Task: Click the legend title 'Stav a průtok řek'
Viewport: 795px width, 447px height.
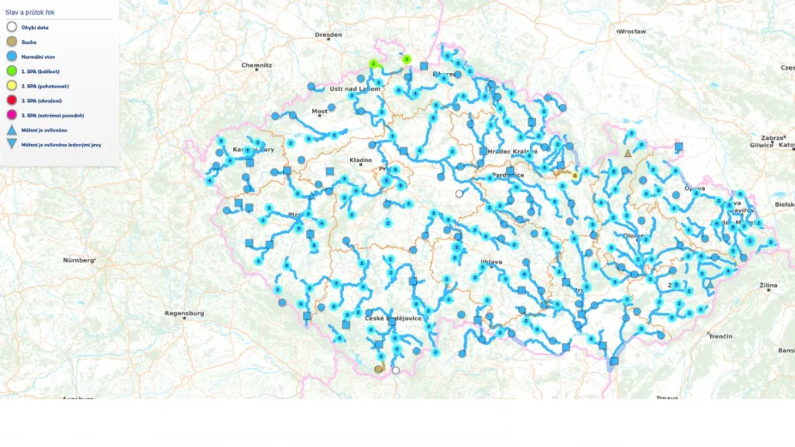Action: (x=30, y=12)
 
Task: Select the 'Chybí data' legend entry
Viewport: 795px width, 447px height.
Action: (x=35, y=28)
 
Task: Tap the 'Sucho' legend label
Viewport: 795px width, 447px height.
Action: (x=29, y=42)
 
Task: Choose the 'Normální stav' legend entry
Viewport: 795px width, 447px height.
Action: (x=38, y=57)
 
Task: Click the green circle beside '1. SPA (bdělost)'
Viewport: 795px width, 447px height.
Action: (x=12, y=71)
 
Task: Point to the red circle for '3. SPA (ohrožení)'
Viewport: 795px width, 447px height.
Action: (x=12, y=100)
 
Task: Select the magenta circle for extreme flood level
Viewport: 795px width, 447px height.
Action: (x=12, y=115)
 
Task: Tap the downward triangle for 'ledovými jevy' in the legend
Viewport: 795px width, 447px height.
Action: (x=12, y=144)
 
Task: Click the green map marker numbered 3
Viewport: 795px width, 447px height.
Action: (x=373, y=64)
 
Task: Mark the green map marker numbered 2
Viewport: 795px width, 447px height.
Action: (x=406, y=59)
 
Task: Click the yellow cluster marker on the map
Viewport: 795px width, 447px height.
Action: (x=575, y=176)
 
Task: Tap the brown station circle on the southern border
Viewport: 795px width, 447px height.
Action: (x=378, y=369)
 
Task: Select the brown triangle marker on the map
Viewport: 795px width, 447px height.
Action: (x=628, y=153)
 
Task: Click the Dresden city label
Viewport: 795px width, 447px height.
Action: (x=328, y=35)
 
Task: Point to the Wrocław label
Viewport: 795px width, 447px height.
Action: (x=632, y=32)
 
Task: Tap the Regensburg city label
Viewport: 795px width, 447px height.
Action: (x=184, y=313)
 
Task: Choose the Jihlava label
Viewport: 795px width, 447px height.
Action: (x=491, y=262)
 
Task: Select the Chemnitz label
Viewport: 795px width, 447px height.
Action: (x=256, y=65)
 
